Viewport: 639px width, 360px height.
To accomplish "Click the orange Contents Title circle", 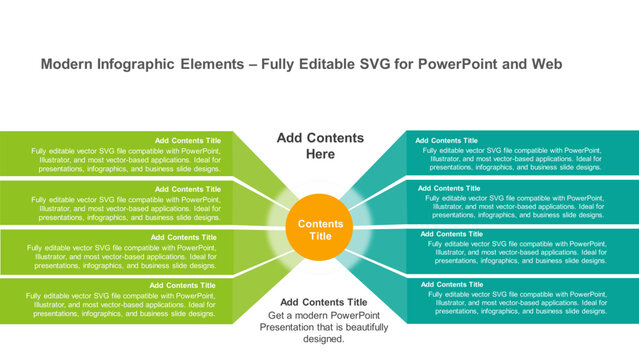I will coord(320,230).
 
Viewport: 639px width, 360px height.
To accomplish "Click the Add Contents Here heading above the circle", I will coord(320,146).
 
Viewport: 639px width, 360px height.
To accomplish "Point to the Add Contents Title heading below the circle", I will coord(323,302).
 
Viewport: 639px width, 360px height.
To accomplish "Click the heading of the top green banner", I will coord(187,140).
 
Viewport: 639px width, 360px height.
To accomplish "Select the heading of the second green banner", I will coord(187,189).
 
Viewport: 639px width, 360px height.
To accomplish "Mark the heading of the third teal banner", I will coord(452,234).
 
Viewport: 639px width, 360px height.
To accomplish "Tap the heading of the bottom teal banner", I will coord(449,285).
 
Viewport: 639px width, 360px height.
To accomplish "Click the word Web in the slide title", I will coord(545,64).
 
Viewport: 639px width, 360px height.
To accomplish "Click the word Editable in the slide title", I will coord(309,64).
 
